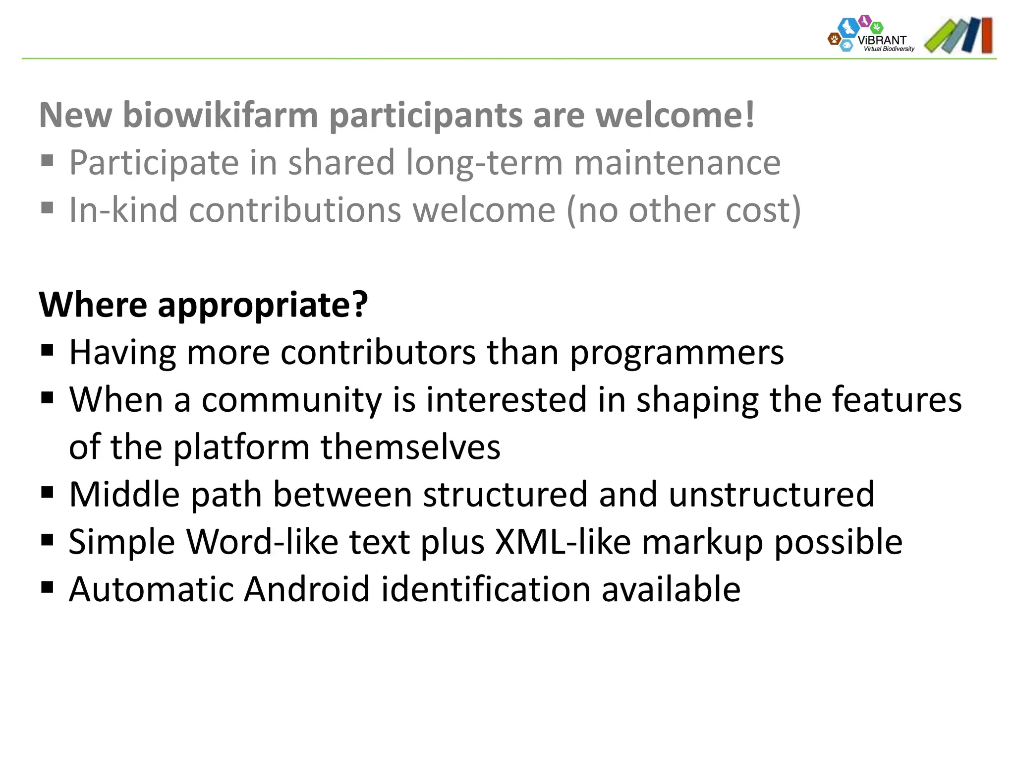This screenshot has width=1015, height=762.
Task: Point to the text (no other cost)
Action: pos(683,211)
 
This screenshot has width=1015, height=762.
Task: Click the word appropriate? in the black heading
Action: pos(263,305)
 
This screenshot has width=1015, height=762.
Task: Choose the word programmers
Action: pos(677,353)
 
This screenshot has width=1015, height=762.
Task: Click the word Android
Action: pos(307,589)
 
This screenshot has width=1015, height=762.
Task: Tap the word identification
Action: pos(486,589)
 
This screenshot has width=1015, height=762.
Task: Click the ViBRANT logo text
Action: pos(882,40)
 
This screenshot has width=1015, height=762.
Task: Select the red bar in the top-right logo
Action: pos(986,35)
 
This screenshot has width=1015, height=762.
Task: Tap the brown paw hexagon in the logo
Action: pos(834,39)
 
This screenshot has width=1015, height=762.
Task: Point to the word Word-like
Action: pos(262,542)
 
